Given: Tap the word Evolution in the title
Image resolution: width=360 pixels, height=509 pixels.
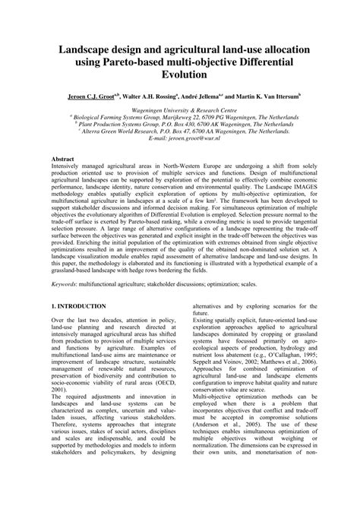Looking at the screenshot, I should pos(179,75).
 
